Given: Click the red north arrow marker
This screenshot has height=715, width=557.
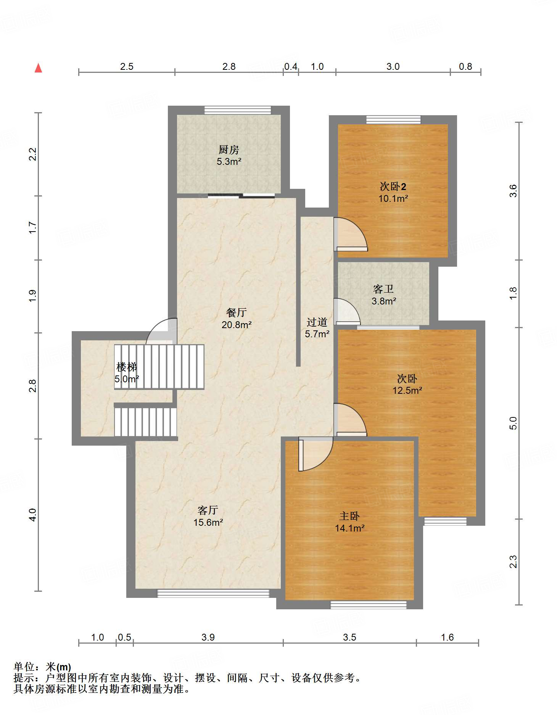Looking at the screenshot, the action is click(38, 68).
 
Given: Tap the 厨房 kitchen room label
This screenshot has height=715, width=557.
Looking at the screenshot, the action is click(229, 150).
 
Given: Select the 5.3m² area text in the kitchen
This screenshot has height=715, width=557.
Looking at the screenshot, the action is click(229, 162).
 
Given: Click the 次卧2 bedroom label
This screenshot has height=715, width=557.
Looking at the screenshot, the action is click(393, 187).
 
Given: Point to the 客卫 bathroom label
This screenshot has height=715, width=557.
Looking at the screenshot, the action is click(383, 289).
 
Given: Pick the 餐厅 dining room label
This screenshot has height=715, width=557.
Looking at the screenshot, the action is click(237, 312).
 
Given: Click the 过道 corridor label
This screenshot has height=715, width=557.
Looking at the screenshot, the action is click(317, 322).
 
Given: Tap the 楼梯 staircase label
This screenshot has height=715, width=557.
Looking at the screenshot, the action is click(127, 367).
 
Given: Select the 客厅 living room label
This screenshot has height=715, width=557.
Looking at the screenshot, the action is click(208, 510).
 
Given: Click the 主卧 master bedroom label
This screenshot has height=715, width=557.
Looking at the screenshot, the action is click(349, 516).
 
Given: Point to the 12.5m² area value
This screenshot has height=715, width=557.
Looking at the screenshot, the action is click(407, 391).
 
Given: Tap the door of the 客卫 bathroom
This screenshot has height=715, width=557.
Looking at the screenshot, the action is click(347, 311).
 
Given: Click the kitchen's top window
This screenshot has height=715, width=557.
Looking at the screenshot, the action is click(238, 110).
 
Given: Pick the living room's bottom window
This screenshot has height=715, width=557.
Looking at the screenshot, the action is click(213, 593).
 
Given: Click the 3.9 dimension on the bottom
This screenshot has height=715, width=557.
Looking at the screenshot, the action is click(208, 638).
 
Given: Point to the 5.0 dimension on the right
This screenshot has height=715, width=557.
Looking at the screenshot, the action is click(513, 423).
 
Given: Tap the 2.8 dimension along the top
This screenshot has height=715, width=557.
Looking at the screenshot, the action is click(229, 67).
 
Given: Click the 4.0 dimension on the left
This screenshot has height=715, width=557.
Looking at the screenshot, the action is click(33, 515).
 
